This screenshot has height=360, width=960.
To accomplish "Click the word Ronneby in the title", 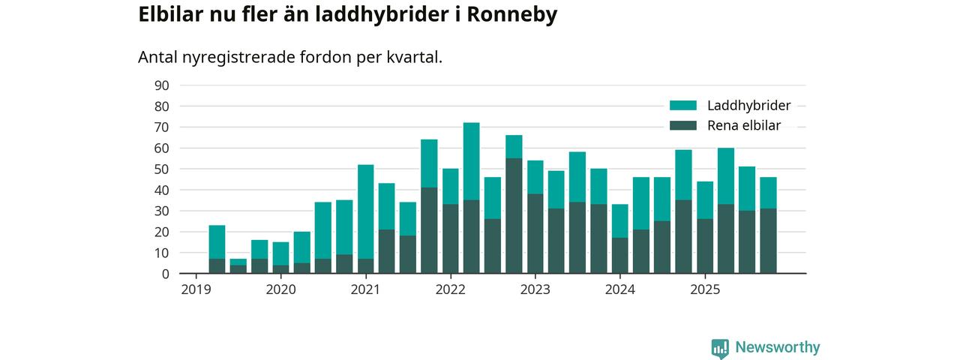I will pos(512,15).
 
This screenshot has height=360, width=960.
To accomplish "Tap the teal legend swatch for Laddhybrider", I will pos(683,106).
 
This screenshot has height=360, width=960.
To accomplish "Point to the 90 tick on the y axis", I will pos(161,85).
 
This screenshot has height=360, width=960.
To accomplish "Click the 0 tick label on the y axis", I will pos(165,274).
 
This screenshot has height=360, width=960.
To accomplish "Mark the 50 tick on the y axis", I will pos(161,169).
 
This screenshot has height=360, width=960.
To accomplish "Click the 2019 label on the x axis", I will pos(195,289).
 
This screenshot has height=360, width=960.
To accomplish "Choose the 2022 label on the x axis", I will pos(450,289).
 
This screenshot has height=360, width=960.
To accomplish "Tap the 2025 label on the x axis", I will pos(704,289).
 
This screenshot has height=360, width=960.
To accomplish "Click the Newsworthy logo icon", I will pos(720,348).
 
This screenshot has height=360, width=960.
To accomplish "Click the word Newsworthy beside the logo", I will pos(778,348).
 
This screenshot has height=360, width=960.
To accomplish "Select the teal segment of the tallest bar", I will pos(471,161).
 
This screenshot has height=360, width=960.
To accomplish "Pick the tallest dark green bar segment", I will pos(514,216).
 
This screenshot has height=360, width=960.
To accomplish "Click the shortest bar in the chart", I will pos(238,267).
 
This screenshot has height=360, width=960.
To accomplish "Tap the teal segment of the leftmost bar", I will pos(217,242).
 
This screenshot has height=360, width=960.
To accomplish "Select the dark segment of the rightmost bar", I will pos(768,241).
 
